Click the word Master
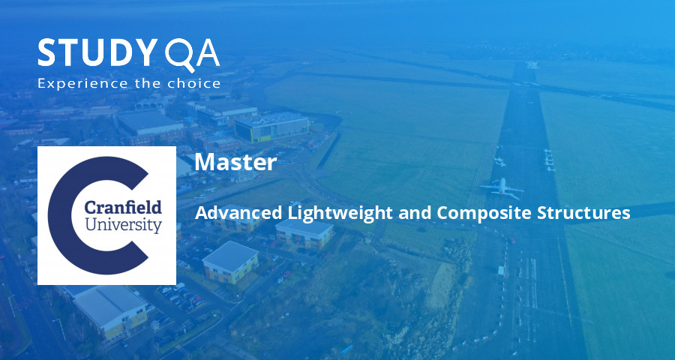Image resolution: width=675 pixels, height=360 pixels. coord(235,162)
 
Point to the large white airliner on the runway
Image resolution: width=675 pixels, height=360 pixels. coord(501,185)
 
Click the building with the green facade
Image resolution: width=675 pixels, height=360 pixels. coord(270,127)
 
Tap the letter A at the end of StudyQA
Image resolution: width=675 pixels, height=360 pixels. coord(205,54)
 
